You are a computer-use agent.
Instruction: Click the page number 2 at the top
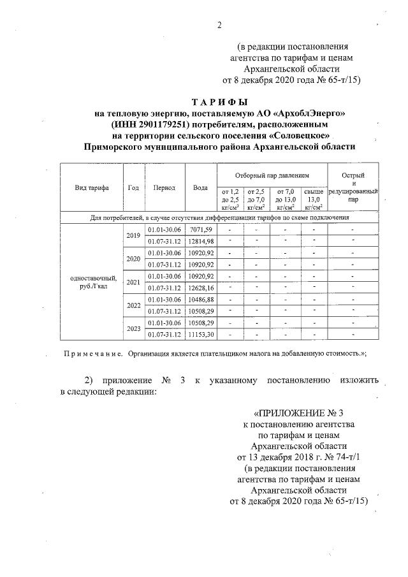219,25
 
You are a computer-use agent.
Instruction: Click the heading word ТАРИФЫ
219,102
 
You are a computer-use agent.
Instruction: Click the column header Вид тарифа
92,188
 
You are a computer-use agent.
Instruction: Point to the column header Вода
201,188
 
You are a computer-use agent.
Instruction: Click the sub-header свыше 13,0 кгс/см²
314,198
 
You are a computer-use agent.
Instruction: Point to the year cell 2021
133,282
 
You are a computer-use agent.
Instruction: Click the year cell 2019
133,235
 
